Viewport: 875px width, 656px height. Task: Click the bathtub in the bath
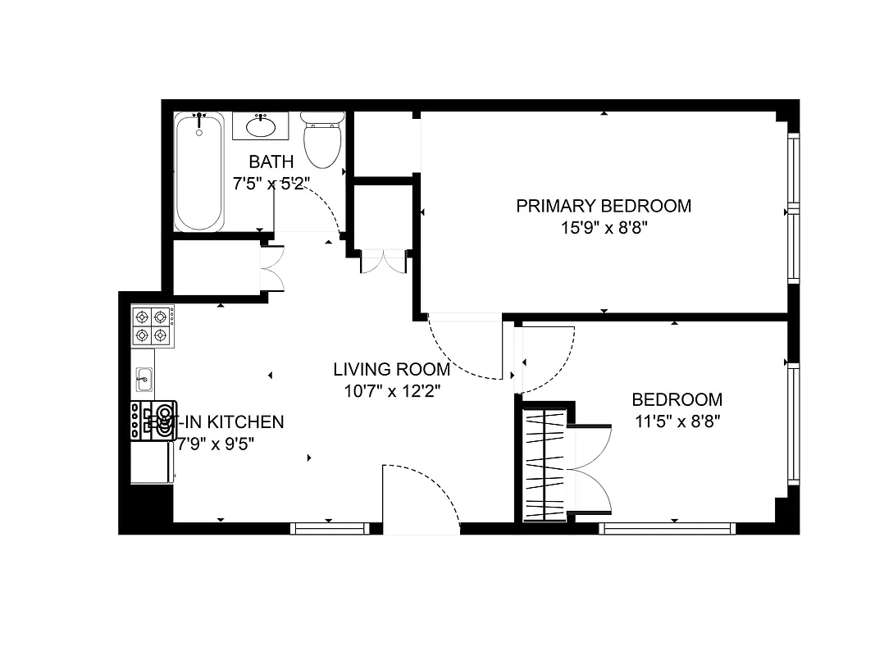click(198, 172)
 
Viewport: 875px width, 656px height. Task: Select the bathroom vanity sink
click(261, 127)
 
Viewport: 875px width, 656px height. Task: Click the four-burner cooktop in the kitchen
click(153, 326)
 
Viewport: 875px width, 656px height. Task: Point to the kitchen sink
click(144, 379)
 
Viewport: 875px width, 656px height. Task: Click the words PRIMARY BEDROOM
click(603, 206)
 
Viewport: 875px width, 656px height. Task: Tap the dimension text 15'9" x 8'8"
click(603, 227)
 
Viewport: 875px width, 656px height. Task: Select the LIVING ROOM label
click(391, 369)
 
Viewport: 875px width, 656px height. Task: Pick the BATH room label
click(271, 162)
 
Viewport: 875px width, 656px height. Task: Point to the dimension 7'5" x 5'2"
click(271, 184)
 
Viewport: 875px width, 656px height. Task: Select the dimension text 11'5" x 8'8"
click(677, 422)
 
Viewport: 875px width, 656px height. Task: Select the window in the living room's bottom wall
click(330, 529)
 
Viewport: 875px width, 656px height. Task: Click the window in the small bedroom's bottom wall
click(668, 529)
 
